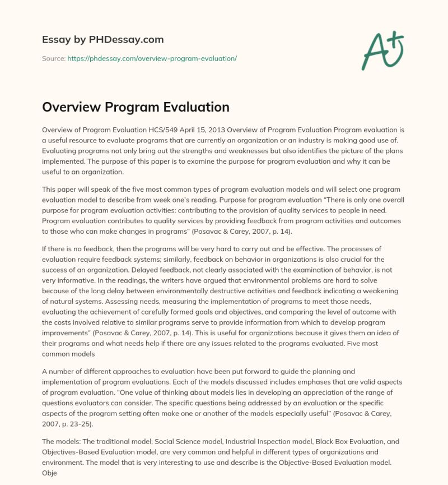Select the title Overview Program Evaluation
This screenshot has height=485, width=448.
pos(136,107)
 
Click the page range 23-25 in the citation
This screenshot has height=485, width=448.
pos(84,424)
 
